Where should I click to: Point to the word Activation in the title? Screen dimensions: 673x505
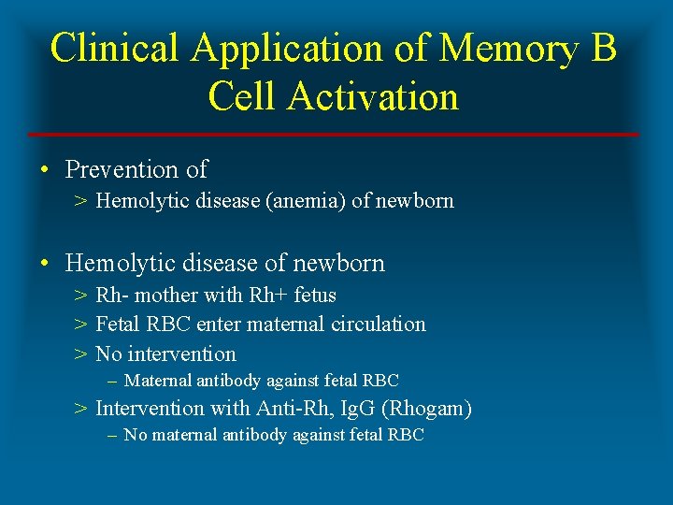[374, 96]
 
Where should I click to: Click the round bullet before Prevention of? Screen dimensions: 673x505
[45, 170]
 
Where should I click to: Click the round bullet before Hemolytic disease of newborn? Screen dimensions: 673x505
[45, 264]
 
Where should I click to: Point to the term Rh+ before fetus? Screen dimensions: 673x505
[269, 296]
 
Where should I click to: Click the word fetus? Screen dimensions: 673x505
[315, 296]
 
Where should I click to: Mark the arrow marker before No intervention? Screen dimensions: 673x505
[81, 354]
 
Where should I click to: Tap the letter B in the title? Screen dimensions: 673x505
[603, 49]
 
